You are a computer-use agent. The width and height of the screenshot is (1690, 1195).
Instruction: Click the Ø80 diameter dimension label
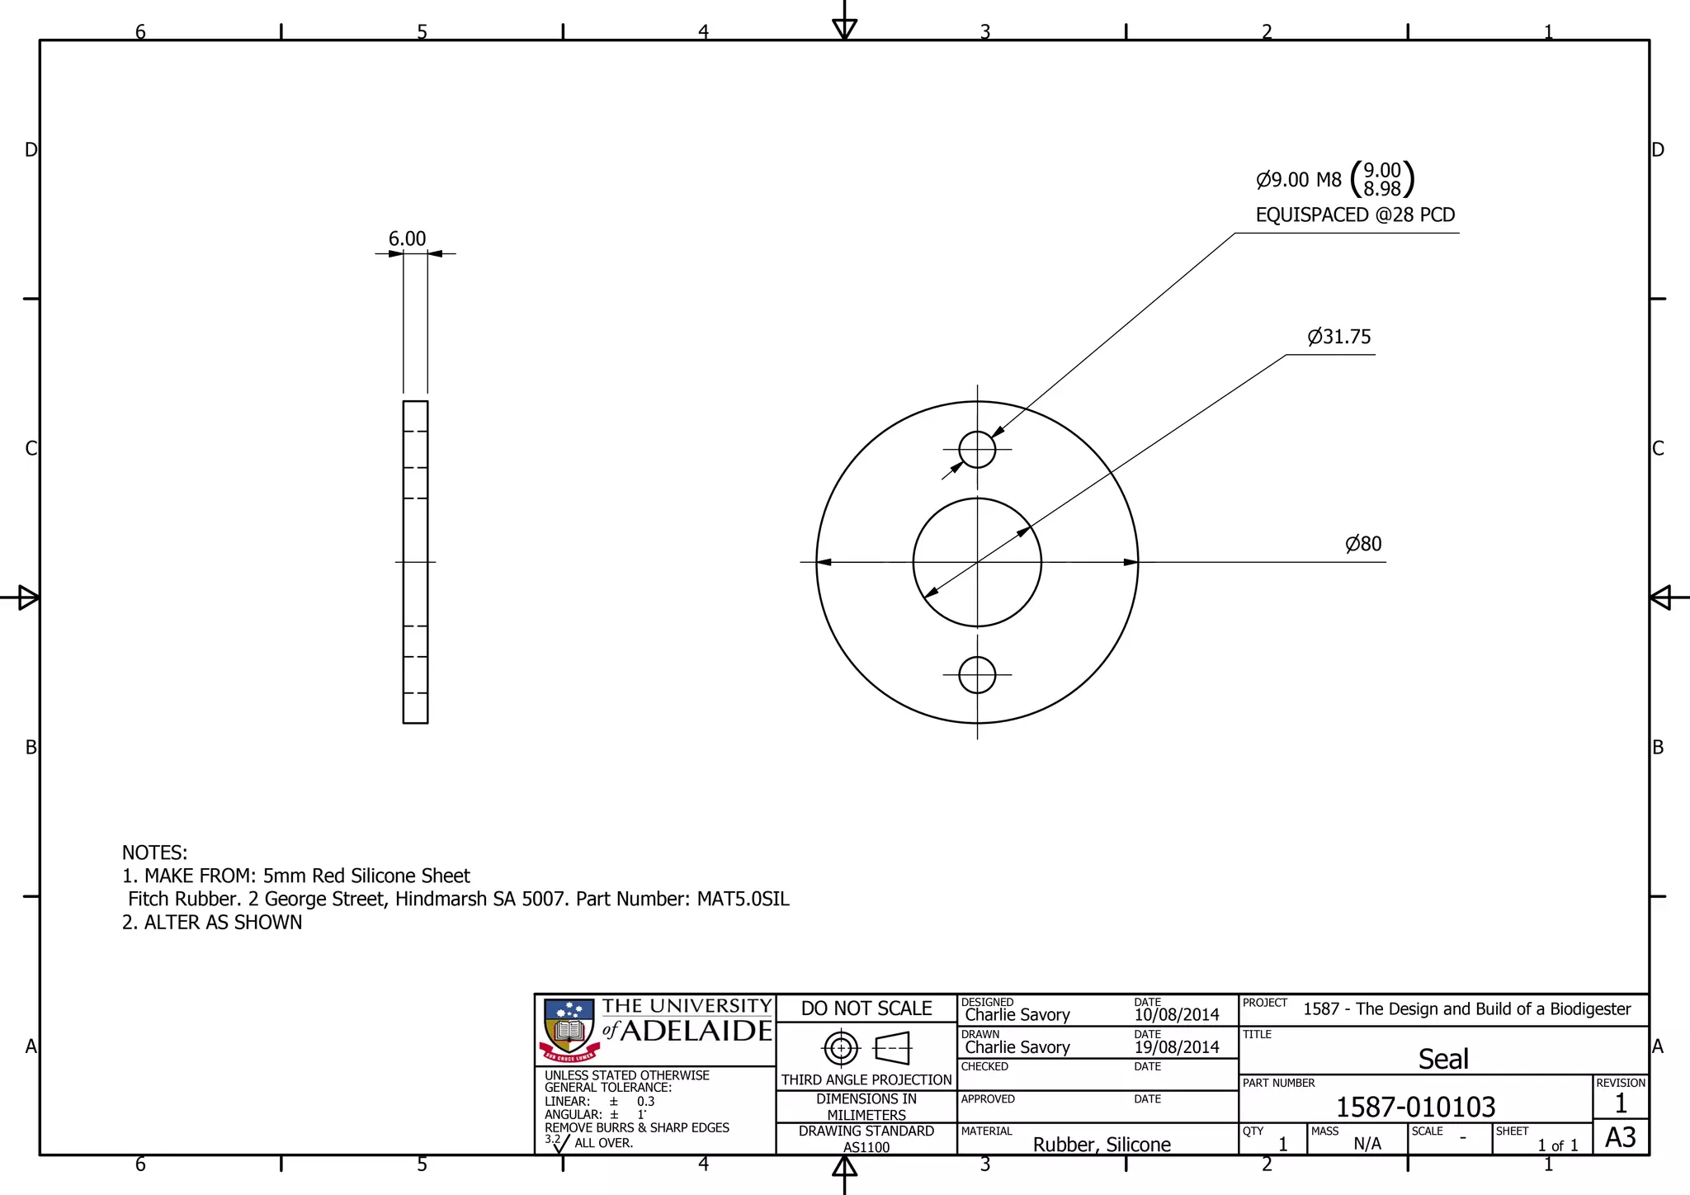pos(1363,544)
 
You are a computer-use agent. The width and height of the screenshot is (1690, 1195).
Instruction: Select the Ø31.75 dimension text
pos(1338,337)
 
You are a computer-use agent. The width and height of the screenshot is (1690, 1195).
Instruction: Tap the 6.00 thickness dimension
pos(407,239)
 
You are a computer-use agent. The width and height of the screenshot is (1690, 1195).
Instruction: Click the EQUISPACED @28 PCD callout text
pos(1355,215)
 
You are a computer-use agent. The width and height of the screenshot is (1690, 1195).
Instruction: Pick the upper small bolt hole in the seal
pos(977,450)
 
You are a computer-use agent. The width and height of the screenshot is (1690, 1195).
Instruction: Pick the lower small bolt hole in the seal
pos(977,675)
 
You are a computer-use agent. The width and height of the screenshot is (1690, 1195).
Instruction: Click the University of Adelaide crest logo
pos(569,1030)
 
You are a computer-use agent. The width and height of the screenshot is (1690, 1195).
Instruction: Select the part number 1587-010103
pos(1415,1107)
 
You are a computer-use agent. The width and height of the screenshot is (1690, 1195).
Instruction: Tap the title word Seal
pos(1443,1059)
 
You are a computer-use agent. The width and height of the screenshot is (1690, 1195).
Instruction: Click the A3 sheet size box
pos(1620,1138)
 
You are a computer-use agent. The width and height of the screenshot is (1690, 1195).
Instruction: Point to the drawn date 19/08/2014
pos(1176,1047)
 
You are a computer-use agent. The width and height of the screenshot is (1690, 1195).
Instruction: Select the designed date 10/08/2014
pos(1176,1015)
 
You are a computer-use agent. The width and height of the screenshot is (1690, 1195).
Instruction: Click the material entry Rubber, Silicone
pos(1102,1145)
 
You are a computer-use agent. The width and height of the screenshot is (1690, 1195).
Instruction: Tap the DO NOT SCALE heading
pos(866,1008)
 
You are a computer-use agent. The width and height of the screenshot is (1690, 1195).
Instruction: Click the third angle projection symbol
pos(866,1049)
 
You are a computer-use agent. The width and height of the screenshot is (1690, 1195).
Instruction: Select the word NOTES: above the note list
pos(154,853)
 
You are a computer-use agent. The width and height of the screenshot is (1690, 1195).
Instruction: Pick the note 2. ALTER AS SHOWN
pos(212,922)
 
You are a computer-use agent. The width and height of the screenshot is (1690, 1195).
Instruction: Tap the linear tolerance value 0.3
pos(645,1102)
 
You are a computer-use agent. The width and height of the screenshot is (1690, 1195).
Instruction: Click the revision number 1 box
pos(1620,1103)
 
